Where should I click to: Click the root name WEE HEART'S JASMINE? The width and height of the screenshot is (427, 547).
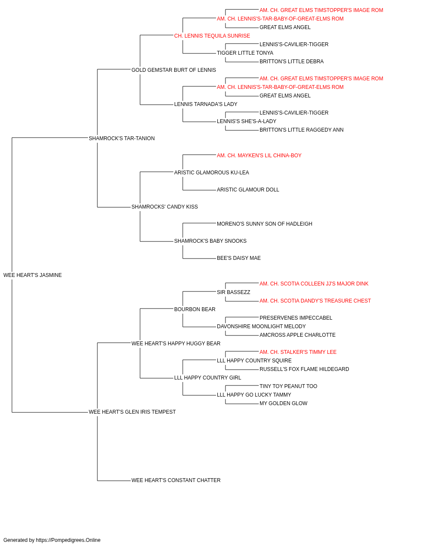tap(32, 275)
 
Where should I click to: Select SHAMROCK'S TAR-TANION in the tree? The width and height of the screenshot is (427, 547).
tap(122, 138)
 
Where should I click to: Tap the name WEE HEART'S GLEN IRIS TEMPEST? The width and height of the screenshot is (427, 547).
tap(132, 412)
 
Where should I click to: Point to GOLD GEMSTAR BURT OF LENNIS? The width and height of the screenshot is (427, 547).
tap(174, 70)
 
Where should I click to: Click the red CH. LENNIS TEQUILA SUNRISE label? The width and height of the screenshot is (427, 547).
tap(212, 36)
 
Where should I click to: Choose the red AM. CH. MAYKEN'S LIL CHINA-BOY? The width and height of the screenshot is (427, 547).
tap(259, 156)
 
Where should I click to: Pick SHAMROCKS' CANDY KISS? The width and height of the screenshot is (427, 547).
tap(165, 207)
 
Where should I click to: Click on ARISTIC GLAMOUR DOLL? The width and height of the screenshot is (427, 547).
tap(248, 190)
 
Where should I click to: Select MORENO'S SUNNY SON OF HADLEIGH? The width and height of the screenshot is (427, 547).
tap(265, 224)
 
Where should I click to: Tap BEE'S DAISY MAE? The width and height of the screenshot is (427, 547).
tap(239, 258)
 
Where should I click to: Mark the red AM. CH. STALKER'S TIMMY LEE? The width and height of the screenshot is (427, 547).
tap(298, 352)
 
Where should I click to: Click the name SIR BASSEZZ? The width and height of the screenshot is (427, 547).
tap(234, 292)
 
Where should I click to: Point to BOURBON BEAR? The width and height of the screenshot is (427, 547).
tap(195, 309)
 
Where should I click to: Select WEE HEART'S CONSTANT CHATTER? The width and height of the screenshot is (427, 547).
tap(176, 480)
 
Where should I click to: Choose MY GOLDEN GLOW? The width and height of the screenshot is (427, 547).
tap(284, 403)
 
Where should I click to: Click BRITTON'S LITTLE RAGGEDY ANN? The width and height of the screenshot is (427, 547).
tap(301, 130)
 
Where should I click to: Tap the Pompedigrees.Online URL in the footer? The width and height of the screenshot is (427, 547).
tap(68, 540)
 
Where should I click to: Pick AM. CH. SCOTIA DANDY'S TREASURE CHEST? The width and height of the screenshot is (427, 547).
tap(316, 301)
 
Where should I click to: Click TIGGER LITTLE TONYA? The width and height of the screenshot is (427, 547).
tap(245, 53)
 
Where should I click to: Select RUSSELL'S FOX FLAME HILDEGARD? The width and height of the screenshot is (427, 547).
tap(304, 369)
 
